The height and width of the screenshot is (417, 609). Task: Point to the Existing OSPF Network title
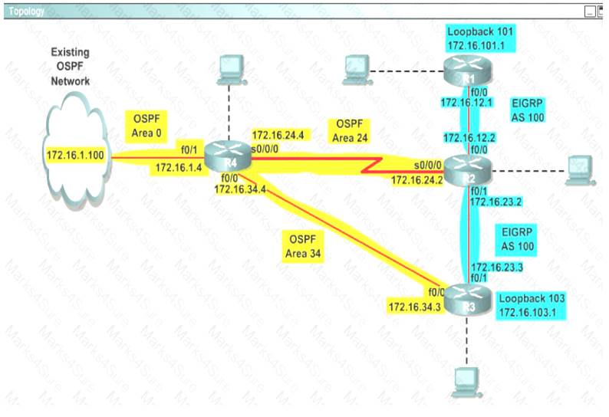70,67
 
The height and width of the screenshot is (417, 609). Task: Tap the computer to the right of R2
580,168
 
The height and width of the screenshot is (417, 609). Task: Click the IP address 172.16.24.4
278,135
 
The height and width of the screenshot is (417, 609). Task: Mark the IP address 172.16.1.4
179,168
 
